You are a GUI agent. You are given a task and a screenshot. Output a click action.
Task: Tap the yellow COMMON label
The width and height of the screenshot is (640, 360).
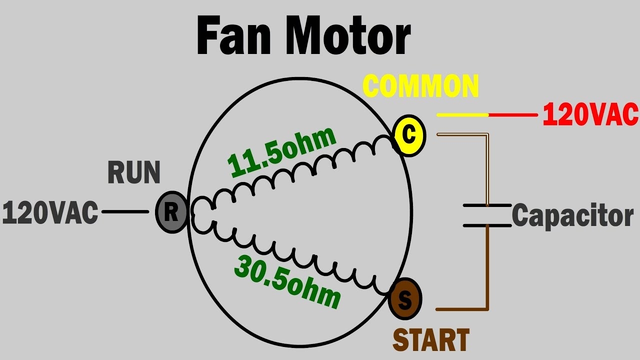(x=421, y=86)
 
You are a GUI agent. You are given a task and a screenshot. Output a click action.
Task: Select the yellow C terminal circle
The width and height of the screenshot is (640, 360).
(x=409, y=135)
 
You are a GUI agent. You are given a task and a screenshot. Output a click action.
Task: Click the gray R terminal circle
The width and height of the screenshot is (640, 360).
(x=171, y=212)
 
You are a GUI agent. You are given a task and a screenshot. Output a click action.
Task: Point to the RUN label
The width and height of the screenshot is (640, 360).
(x=134, y=173)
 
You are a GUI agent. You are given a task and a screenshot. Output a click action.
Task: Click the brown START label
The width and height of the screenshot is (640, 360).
(x=431, y=340)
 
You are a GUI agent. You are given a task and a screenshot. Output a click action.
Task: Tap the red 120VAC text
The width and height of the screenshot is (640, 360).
(x=590, y=114)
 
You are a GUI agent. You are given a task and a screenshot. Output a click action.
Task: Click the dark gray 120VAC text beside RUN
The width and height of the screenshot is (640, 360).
(x=50, y=213)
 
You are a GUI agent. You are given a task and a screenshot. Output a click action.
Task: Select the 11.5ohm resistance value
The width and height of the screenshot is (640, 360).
(x=281, y=152)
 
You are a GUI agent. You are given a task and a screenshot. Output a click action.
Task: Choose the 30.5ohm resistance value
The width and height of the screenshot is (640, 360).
(x=287, y=282)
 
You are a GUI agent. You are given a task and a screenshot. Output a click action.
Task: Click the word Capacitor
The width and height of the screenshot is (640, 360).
(x=572, y=216)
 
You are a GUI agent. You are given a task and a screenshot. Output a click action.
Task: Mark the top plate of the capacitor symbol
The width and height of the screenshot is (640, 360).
(x=487, y=205)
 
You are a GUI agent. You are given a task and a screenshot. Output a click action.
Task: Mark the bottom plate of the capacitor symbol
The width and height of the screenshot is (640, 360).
(x=487, y=225)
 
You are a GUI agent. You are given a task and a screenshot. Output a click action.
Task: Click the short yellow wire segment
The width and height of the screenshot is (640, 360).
(x=462, y=114)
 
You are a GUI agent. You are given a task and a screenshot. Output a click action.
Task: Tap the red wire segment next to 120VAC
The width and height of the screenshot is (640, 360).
(x=513, y=114)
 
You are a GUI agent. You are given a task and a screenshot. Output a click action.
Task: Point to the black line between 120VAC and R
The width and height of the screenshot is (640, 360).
(x=125, y=212)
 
